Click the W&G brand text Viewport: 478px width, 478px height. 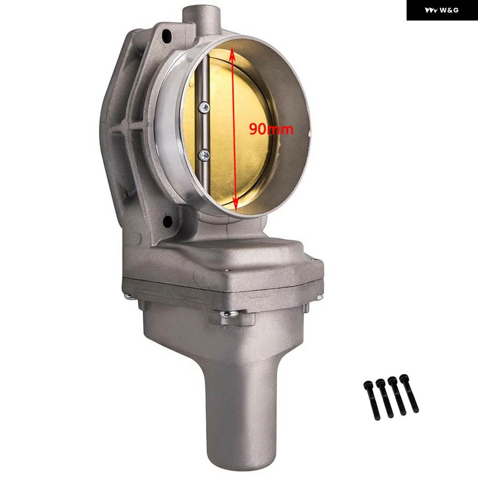(449, 10)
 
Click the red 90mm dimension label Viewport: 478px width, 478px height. (271, 129)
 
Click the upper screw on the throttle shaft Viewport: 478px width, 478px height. (204, 107)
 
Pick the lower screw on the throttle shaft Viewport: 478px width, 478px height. (204, 155)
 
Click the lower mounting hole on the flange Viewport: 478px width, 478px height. (168, 222)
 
